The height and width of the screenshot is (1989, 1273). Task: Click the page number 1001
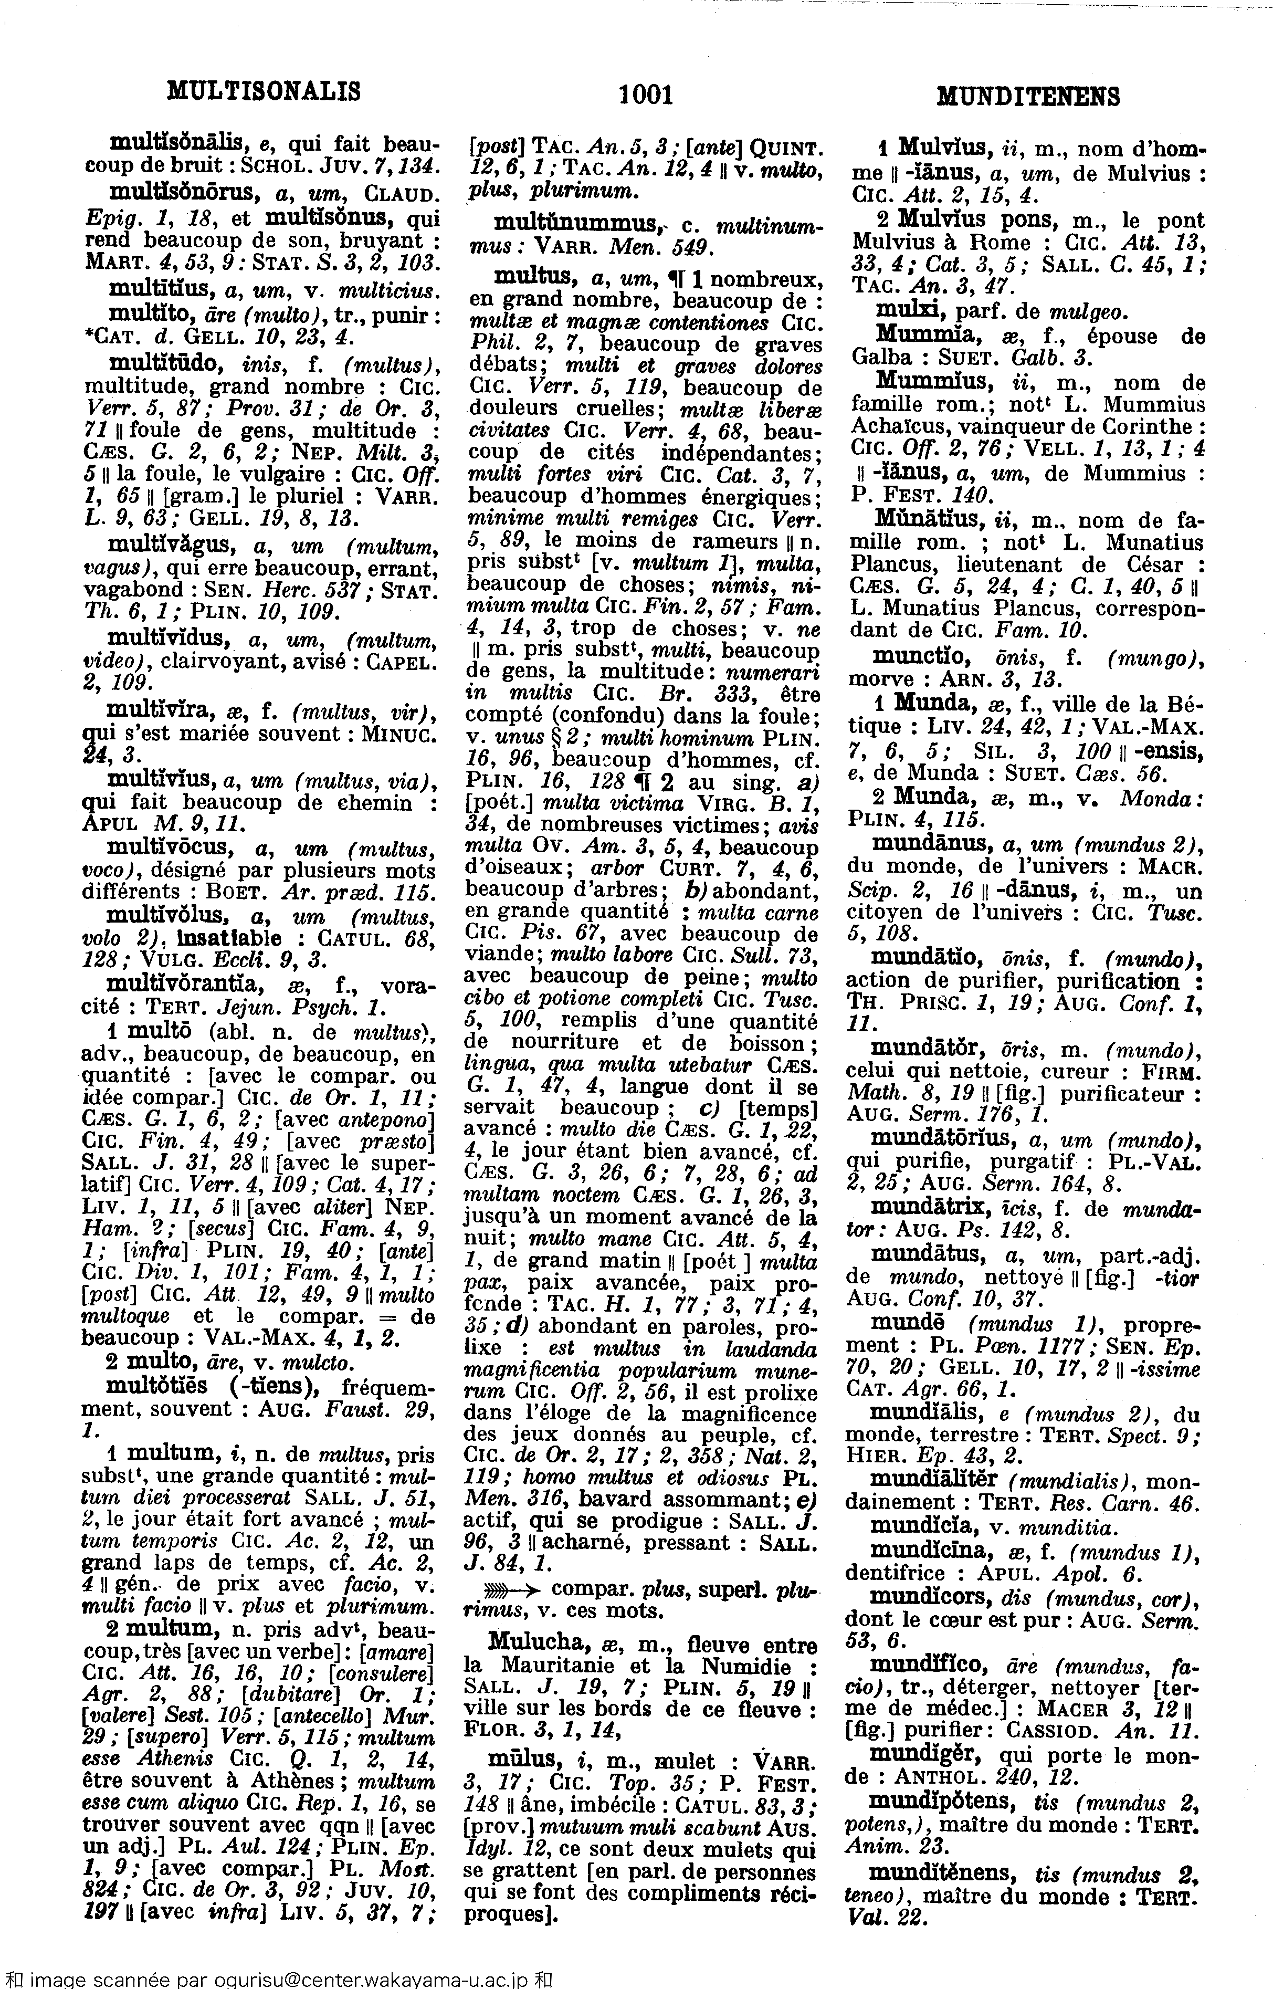coord(646,95)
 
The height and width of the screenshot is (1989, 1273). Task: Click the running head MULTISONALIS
coord(264,90)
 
